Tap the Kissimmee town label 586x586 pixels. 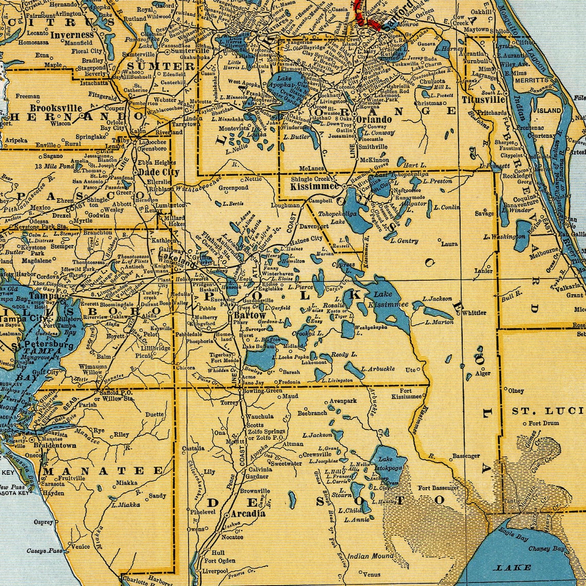pos(314,187)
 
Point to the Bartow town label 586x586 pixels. pos(250,315)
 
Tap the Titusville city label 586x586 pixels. pos(484,100)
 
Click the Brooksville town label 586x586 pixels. pos(56,108)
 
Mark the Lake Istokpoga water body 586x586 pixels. pos(388,464)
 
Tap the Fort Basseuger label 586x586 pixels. pos(438,487)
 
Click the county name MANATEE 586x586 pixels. pos(103,470)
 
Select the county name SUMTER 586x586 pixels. pos(154,66)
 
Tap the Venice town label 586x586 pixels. pos(80,546)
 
